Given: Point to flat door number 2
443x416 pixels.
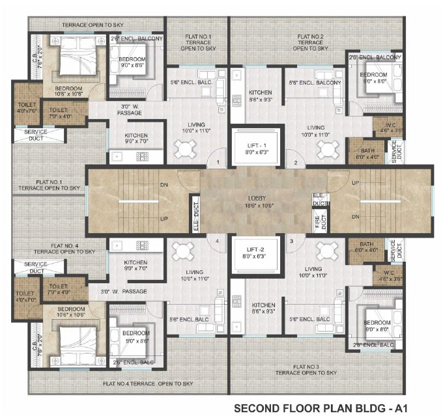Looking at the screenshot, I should [x=295, y=162].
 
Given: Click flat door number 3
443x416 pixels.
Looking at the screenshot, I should [x=291, y=241].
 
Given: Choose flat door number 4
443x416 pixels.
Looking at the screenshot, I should [x=217, y=241].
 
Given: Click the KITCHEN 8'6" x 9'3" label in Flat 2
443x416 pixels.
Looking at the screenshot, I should [x=261, y=96].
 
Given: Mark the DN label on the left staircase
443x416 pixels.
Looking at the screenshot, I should [x=164, y=184].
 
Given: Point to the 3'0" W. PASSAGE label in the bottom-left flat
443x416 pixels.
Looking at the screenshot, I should [x=124, y=290].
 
